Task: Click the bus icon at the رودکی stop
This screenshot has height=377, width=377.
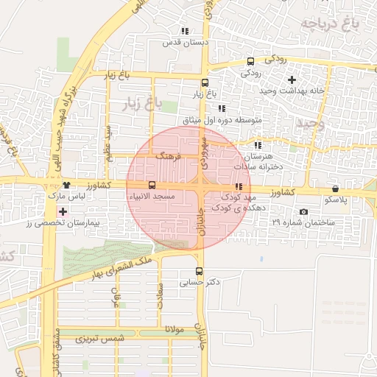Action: coord(251,61)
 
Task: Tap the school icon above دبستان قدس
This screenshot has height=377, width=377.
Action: coord(184,31)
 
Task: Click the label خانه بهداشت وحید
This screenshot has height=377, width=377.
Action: coord(292,90)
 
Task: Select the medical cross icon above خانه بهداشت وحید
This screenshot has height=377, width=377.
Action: coord(292,79)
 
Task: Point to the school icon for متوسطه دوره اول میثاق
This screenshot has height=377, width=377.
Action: coord(222,108)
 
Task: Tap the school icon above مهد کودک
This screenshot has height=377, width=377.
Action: coord(238,187)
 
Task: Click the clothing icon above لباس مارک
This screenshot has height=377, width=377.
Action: coord(67,185)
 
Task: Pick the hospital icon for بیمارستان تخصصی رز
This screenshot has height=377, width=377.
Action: coord(62,212)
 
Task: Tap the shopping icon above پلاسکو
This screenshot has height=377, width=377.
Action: coord(336,188)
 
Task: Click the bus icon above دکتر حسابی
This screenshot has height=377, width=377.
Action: coord(199,271)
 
